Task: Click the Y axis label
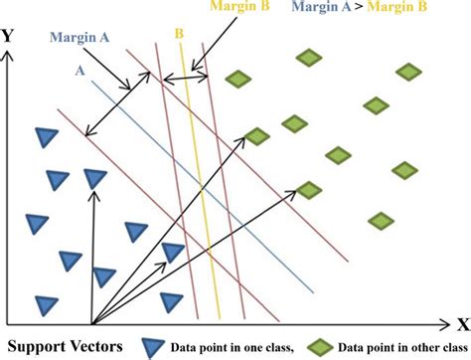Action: (10, 36)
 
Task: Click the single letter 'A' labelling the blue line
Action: (78, 71)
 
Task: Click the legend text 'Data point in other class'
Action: (395, 347)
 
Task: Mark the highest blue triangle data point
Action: (43, 136)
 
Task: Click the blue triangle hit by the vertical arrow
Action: (94, 179)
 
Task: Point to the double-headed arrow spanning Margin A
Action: (110, 107)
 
